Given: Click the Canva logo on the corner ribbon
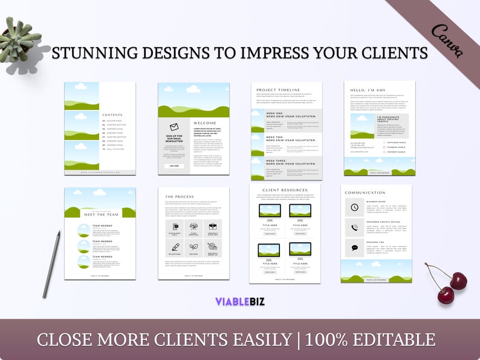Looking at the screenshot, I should coord(448,42).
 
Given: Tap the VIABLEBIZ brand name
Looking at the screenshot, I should coord(240,301).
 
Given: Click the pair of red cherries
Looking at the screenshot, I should coord(449,283).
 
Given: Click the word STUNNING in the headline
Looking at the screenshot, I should coord(89,53).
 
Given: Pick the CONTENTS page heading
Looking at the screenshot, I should coord(112,115).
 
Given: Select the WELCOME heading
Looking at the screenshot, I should coord(204,123).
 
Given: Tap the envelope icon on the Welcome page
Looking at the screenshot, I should coord(174,127).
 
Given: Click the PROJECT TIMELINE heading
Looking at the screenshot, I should coord(278,89).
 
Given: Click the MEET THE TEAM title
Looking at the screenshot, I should coord(100,214).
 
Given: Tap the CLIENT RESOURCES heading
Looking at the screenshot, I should coord(285,191).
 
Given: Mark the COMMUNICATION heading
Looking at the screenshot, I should coord(365,193).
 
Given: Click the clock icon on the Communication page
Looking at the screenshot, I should coord(354,207).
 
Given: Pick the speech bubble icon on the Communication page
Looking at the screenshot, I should coord(354,248).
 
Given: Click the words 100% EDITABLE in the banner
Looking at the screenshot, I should coord(370,339).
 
